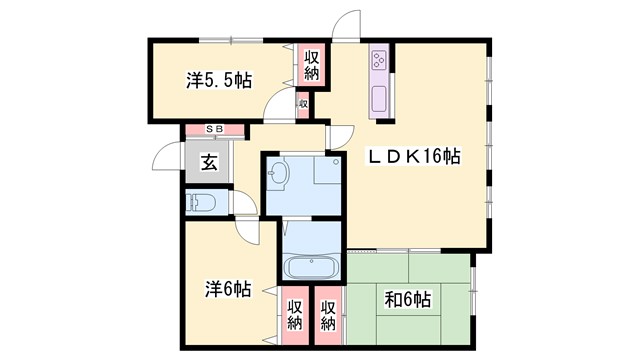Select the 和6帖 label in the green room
(x=407, y=300)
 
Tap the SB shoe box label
(x=214, y=129)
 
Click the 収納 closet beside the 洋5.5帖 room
(x=311, y=67)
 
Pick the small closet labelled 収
(x=302, y=102)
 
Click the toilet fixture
(x=203, y=203)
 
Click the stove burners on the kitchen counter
(x=380, y=61)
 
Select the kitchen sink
(x=380, y=100)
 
